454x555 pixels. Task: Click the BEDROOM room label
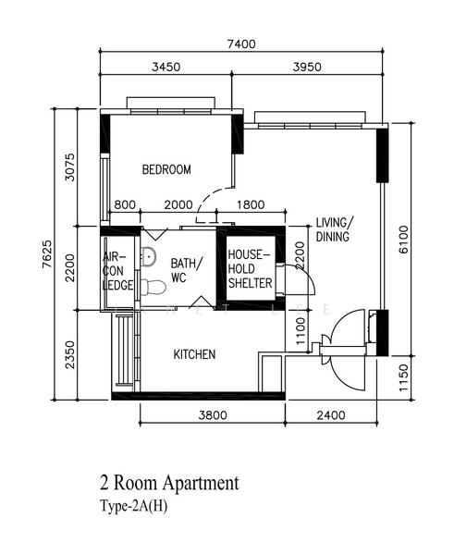pyautogui.click(x=166, y=169)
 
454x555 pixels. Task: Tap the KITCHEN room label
pyautogui.click(x=195, y=354)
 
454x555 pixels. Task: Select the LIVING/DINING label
pyautogui.click(x=334, y=229)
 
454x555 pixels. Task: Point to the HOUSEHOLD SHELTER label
pyautogui.click(x=248, y=268)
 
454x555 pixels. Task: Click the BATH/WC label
pyautogui.click(x=185, y=269)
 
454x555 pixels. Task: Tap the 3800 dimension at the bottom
pyautogui.click(x=212, y=415)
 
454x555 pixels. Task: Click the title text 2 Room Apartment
pyautogui.click(x=169, y=483)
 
